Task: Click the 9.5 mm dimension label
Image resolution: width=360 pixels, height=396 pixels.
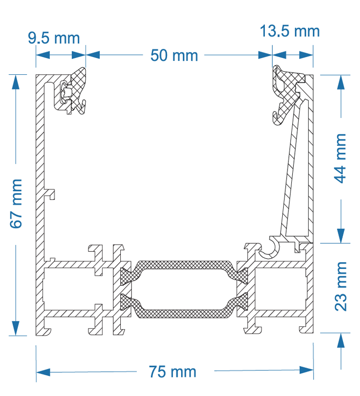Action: (x=53, y=38)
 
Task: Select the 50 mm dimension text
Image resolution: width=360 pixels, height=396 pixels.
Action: (x=174, y=56)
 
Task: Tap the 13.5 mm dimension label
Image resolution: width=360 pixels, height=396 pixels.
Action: (x=289, y=31)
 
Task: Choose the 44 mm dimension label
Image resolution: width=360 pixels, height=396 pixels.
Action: (x=341, y=158)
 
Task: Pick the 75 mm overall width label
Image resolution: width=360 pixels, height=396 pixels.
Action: (x=173, y=372)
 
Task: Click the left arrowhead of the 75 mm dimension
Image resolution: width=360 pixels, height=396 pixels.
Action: (x=43, y=372)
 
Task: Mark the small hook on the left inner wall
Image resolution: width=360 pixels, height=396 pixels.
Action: (x=51, y=194)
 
